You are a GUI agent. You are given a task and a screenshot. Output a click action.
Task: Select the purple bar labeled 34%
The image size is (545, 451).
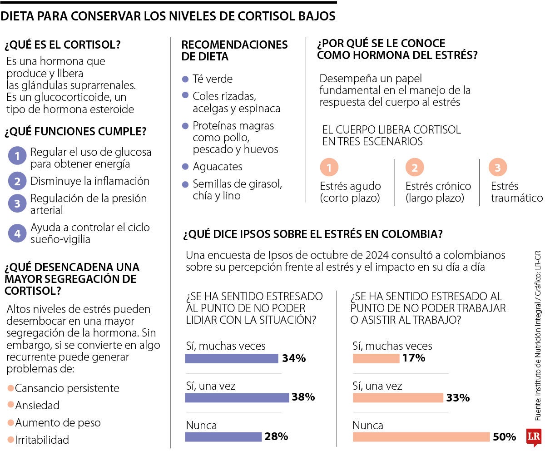(x=232, y=358)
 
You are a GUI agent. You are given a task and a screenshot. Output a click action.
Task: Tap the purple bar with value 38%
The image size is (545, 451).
(x=237, y=397)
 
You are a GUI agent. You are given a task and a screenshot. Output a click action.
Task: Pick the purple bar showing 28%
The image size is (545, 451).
(x=223, y=437)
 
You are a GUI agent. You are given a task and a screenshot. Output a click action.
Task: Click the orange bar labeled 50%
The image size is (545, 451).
(x=421, y=437)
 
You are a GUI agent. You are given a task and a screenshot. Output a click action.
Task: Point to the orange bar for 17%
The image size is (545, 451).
(x=376, y=358)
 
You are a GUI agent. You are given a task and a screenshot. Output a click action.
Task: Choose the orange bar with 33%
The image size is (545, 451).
(x=398, y=398)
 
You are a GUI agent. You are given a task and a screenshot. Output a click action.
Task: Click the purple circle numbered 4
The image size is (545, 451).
(x=17, y=233)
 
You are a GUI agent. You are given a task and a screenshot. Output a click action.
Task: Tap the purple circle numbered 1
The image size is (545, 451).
(x=17, y=157)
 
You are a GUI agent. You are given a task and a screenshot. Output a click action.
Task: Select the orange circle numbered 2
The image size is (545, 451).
(x=414, y=168)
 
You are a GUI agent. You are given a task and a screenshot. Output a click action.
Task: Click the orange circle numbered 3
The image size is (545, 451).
(x=498, y=168)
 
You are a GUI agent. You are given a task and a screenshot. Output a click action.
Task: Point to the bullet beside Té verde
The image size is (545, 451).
(x=185, y=79)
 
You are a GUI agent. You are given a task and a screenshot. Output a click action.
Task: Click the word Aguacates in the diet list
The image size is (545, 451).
(x=218, y=167)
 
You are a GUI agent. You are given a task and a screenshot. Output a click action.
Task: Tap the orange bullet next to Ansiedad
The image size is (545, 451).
(x=10, y=406)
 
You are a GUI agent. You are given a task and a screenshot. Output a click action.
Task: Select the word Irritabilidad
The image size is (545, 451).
(x=42, y=440)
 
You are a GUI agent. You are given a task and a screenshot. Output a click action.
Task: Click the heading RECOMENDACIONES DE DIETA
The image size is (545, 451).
(x=234, y=50)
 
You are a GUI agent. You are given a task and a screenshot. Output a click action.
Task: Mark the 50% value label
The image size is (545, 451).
(x=504, y=437)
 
